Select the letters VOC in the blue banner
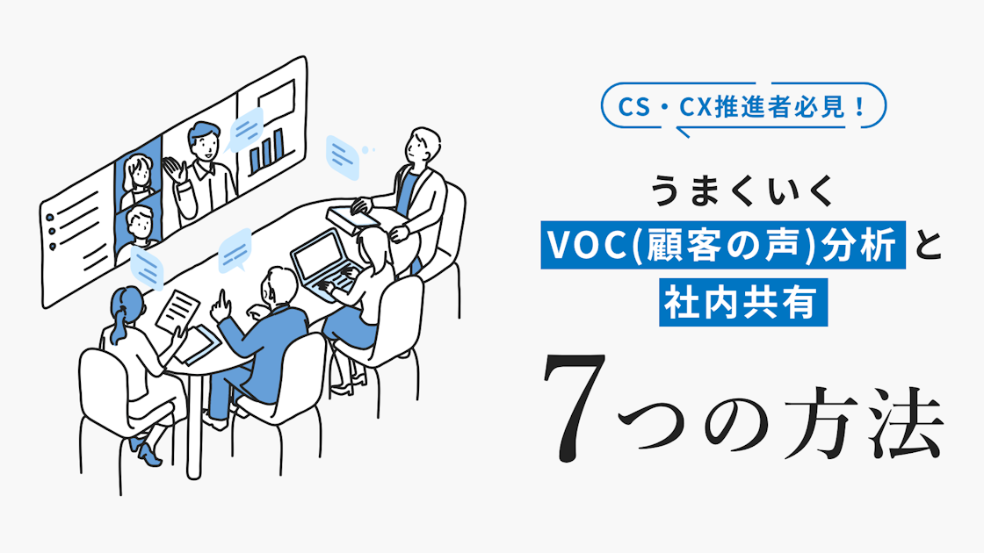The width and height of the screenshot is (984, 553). (x=586, y=248)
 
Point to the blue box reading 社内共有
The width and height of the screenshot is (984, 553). (x=744, y=305)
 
